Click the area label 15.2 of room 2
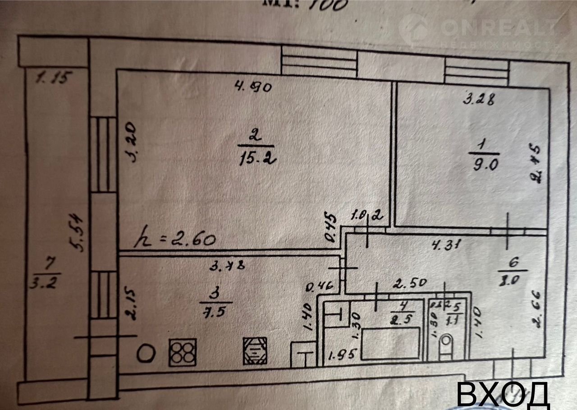(255, 159)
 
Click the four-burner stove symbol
(182, 352)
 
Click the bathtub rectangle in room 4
(390, 343)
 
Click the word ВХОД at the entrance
(503, 396)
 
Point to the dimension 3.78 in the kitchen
(228, 266)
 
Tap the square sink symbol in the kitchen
(255, 351)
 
